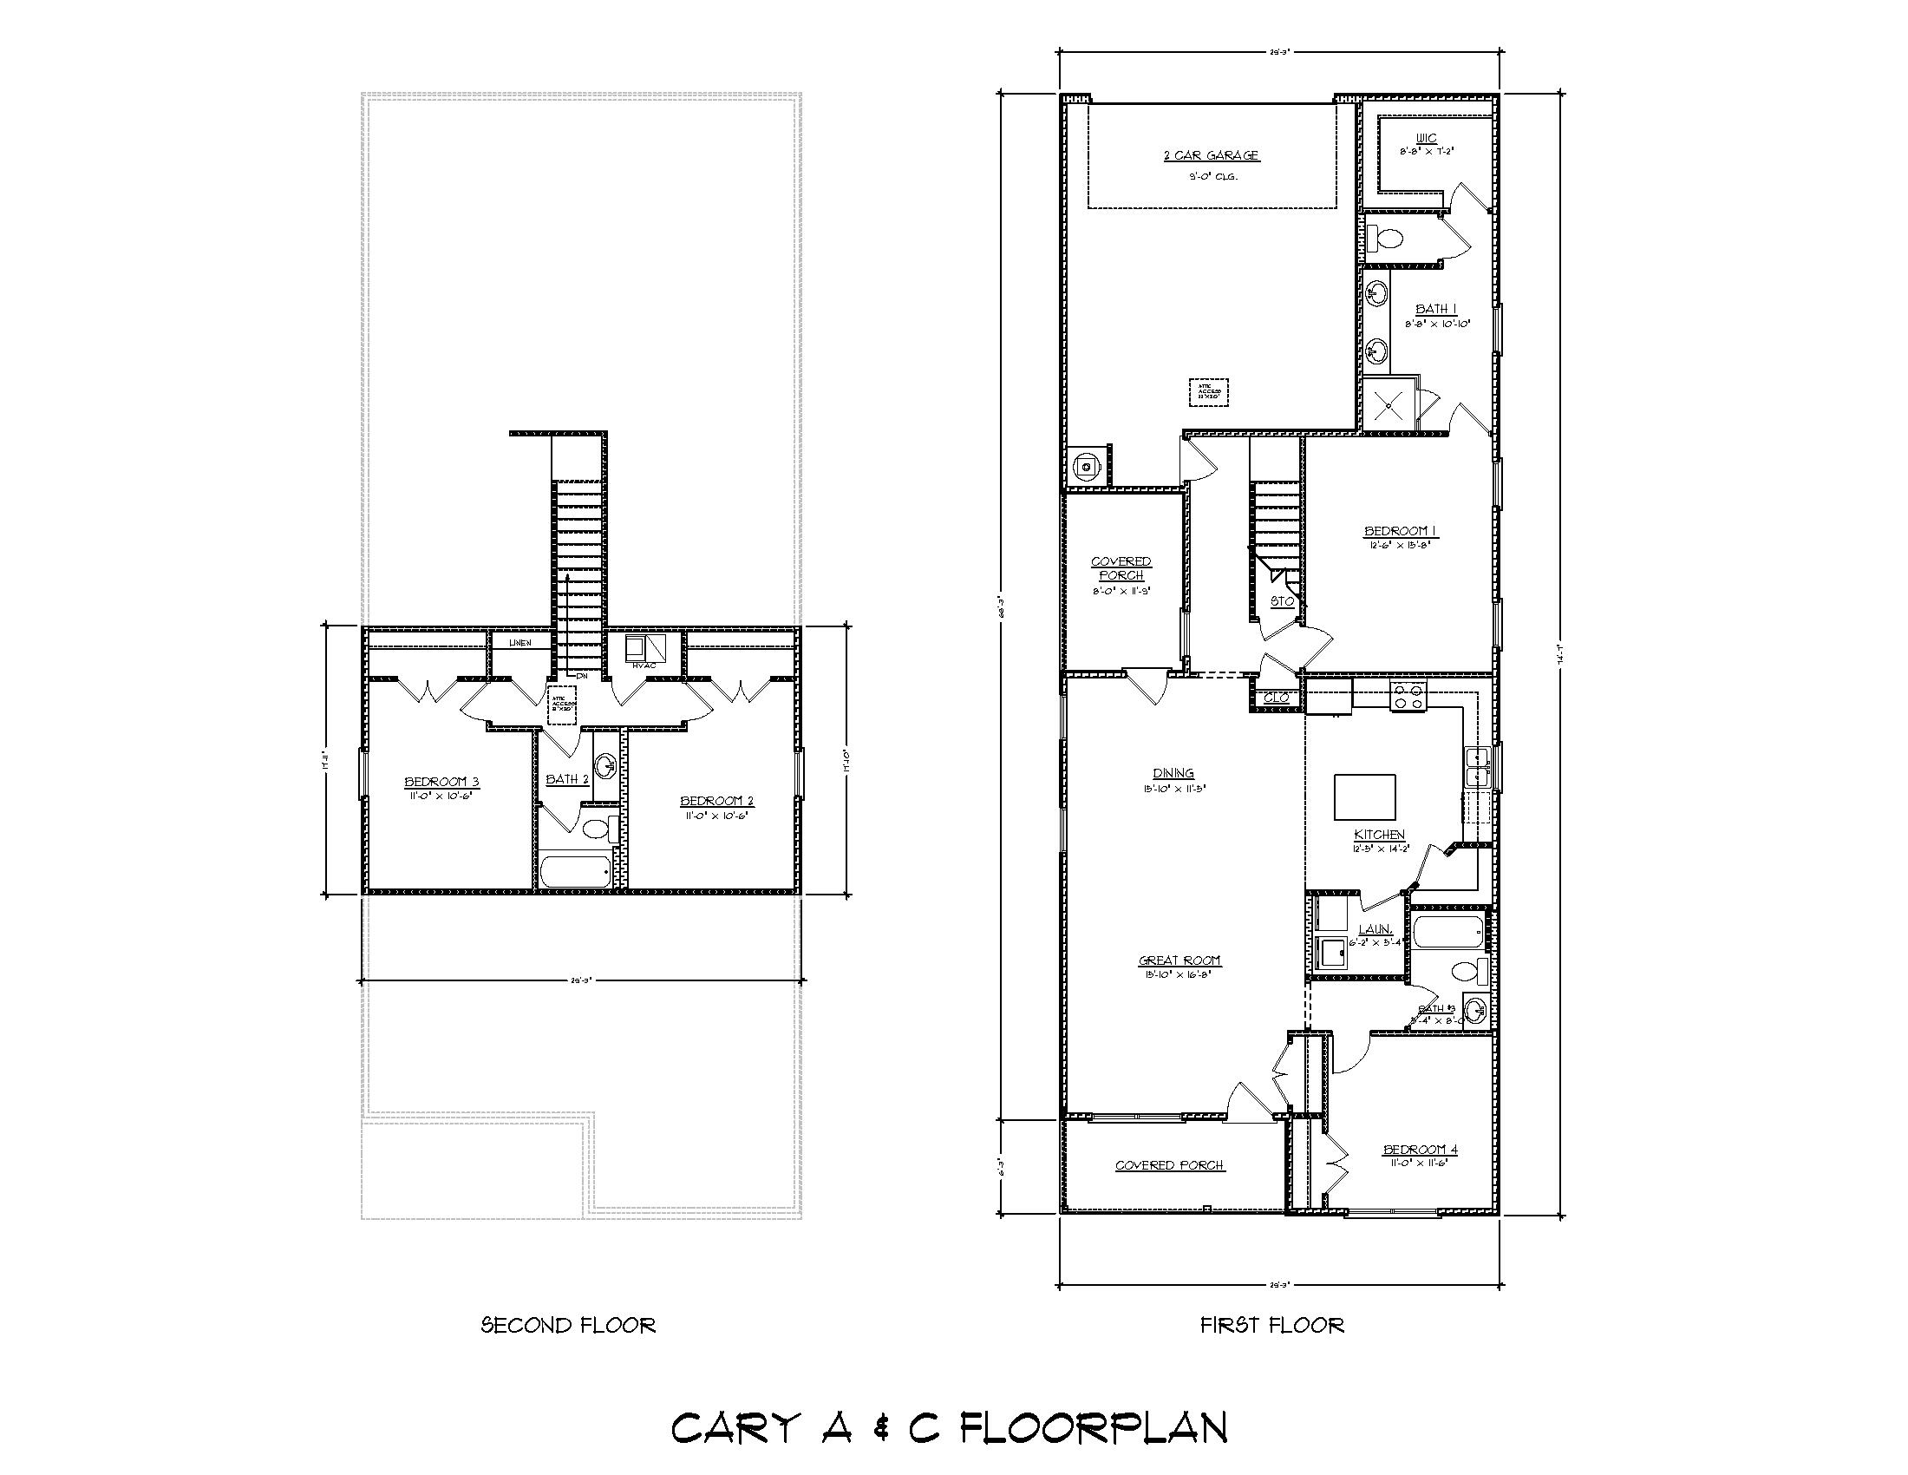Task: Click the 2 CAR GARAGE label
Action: pos(1210,155)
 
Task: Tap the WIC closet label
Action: pos(1427,138)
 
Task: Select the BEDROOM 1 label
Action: pos(1401,530)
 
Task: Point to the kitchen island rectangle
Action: pos(1363,796)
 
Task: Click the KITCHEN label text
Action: pos(1380,835)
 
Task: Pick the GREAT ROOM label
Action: pos(1179,960)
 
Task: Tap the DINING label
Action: pos(1173,772)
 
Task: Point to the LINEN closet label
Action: pos(519,643)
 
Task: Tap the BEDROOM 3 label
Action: pos(441,782)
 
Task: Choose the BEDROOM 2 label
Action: pos(716,802)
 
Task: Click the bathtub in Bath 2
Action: pos(576,871)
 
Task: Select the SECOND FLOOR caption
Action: pos(568,1326)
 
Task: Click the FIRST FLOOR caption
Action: pos(1271,1326)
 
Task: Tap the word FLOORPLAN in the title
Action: pos(1093,1428)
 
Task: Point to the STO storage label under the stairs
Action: pos(1282,601)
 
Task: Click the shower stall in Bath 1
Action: pos(1387,404)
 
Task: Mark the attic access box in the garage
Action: pos(1208,390)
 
